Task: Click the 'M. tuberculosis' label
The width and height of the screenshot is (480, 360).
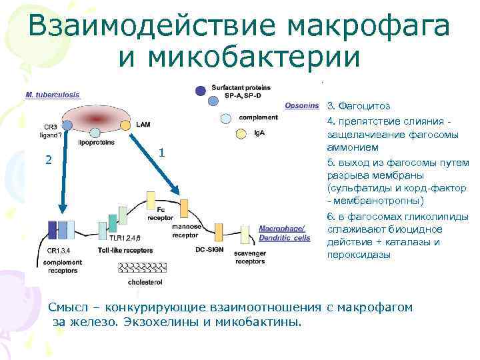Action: (x=52, y=95)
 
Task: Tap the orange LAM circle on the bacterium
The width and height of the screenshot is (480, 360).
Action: (x=125, y=124)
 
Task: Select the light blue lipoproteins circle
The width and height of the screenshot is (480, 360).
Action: (x=95, y=133)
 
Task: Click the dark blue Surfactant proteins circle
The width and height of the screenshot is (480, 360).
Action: (x=200, y=90)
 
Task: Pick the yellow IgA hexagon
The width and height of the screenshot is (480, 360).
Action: (x=241, y=134)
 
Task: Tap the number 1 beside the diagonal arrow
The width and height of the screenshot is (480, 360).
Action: (x=162, y=153)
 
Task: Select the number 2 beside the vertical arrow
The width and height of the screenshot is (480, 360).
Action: (x=47, y=159)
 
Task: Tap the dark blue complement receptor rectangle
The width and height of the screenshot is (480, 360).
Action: (x=52, y=229)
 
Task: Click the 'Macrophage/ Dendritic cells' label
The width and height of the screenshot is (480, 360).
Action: (x=284, y=233)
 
